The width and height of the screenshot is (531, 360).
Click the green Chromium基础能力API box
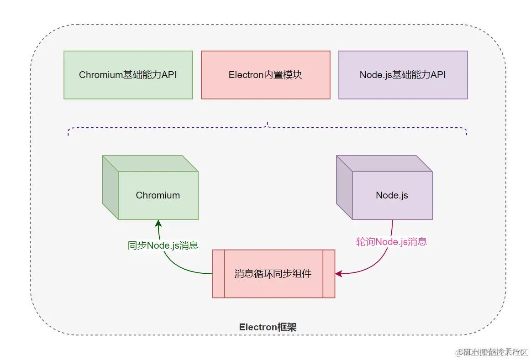[128, 75]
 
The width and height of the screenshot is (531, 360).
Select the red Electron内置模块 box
[265, 75]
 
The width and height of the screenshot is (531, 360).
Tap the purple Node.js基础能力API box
[403, 75]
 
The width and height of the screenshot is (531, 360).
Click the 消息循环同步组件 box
[273, 274]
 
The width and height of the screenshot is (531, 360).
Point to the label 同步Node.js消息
[163, 245]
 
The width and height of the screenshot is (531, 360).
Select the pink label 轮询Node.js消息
[391, 242]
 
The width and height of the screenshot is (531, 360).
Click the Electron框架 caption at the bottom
[268, 327]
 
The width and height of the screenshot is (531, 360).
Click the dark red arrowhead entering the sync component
[338, 274]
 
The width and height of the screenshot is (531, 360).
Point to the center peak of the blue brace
[268, 124]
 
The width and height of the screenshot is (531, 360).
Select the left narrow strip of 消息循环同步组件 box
[218, 274]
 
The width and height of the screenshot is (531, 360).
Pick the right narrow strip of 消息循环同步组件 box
[329, 274]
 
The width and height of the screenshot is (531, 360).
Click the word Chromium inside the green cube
[158, 195]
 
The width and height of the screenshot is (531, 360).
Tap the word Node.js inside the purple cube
[392, 195]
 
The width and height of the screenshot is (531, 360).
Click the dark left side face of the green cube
[110, 188]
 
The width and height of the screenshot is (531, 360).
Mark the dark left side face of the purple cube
[344, 188]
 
